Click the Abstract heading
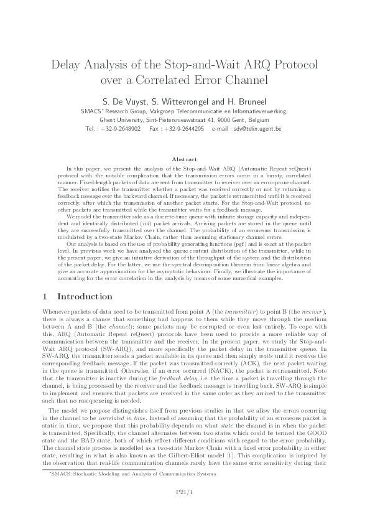click(x=185, y=159)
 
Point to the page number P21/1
click(x=185, y=493)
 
